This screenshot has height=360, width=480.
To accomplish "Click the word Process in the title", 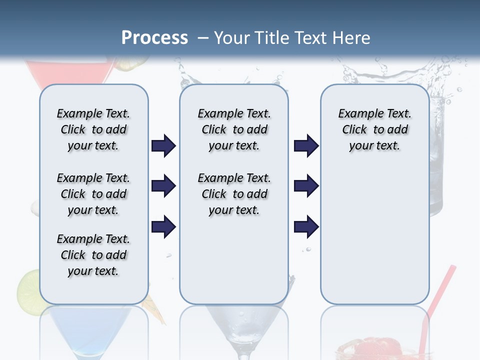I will tap(154, 38).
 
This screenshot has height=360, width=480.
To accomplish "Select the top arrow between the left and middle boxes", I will tap(163, 146).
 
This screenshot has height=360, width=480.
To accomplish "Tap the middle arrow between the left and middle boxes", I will tap(163, 186).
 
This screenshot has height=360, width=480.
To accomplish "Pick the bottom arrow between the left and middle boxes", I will tap(163, 227).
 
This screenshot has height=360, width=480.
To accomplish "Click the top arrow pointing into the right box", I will tap(306, 146).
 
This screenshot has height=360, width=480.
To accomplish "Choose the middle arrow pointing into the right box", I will tap(306, 186).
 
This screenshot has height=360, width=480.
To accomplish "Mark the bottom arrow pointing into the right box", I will tap(306, 227).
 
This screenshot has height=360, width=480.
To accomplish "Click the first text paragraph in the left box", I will tap(93, 129).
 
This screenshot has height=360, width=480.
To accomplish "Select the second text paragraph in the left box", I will tap(93, 194).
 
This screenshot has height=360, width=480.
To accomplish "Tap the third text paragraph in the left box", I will tap(93, 255).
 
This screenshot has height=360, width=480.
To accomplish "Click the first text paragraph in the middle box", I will tap(234, 129).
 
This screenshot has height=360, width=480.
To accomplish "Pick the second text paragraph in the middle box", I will tap(234, 194).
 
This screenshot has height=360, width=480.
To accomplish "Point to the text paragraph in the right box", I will tap(374, 129).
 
